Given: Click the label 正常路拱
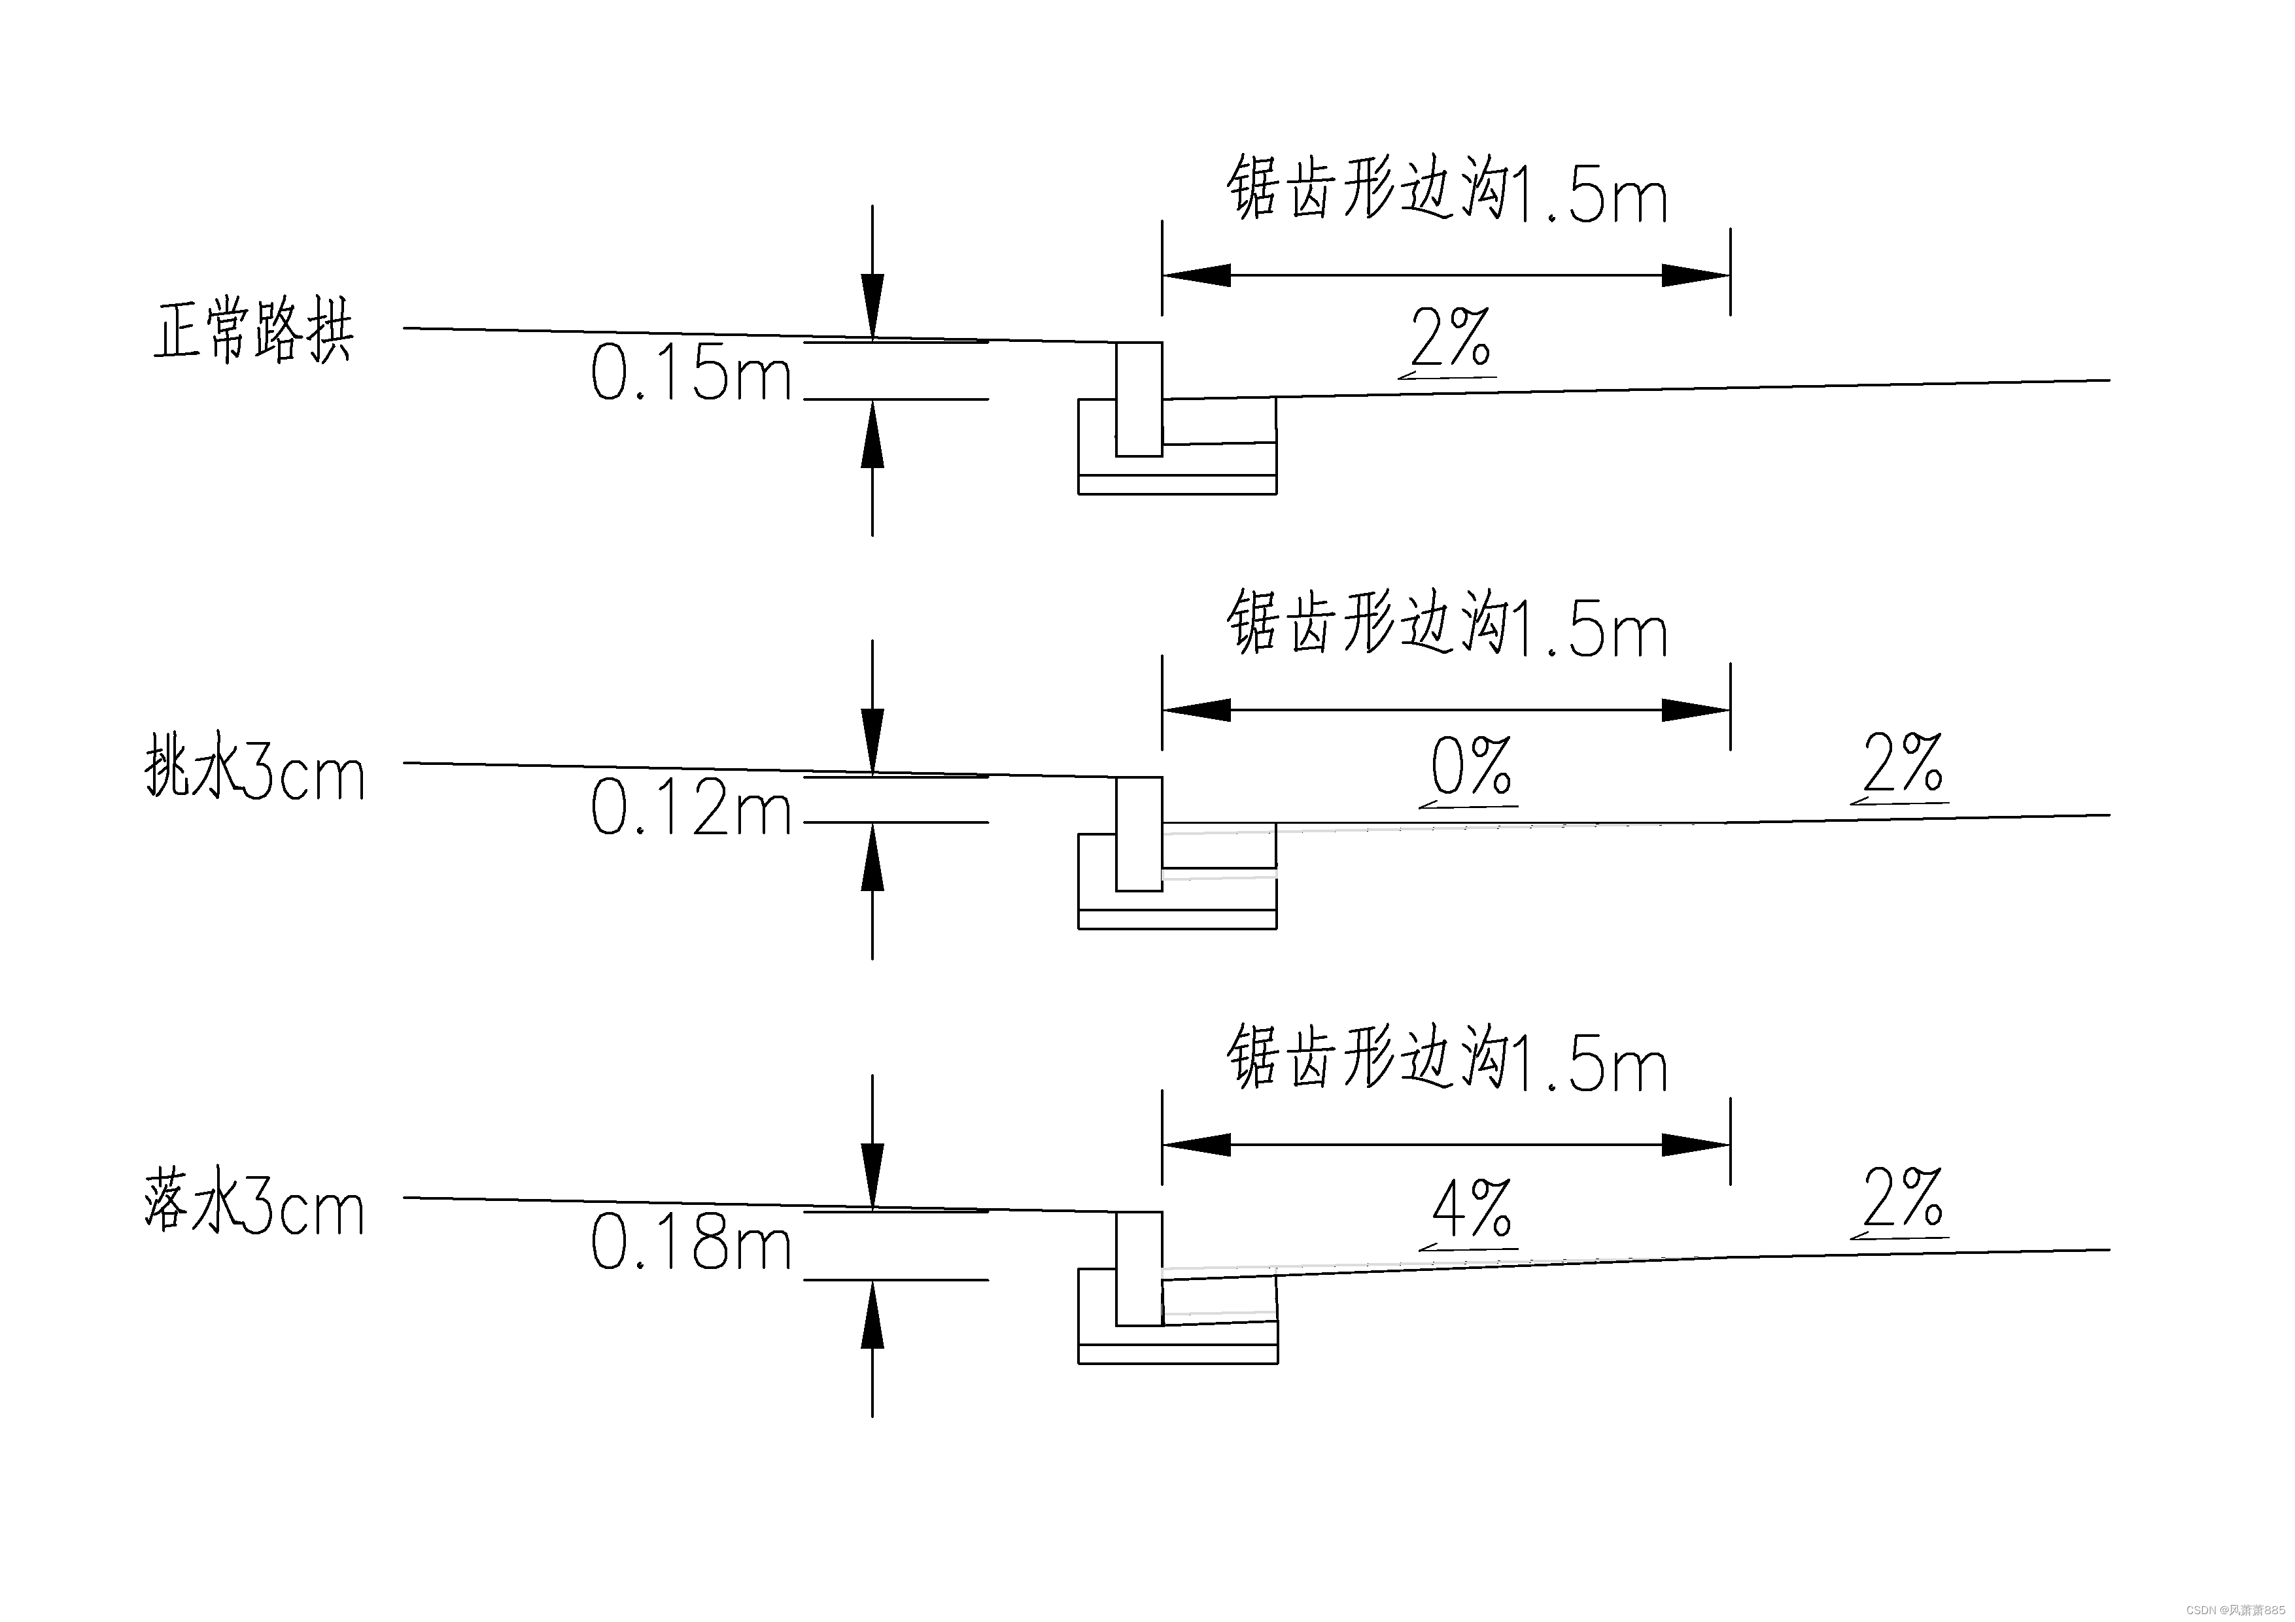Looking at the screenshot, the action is coord(253,329).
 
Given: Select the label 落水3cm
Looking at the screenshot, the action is coord(255,1206).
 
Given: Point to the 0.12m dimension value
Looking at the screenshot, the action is coord(691,807).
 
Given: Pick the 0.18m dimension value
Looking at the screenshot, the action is coord(691,1242).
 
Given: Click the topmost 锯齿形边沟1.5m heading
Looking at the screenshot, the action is coord(1446,188).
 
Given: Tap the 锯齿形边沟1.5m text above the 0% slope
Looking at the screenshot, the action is coord(1446,624).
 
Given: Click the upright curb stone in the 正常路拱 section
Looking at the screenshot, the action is coord(1139,399).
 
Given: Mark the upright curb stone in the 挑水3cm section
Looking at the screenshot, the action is coord(1139,834).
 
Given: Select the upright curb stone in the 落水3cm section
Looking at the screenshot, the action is coord(1139,1268).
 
